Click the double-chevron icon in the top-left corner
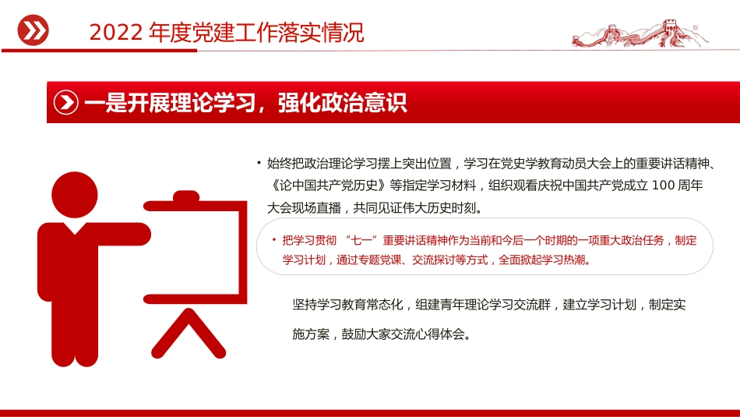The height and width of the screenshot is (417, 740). click(x=33, y=30)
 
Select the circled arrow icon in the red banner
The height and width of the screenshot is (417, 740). click(x=66, y=103)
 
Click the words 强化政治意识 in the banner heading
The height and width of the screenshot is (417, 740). click(x=343, y=103)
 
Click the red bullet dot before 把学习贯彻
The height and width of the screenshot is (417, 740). click(x=273, y=241)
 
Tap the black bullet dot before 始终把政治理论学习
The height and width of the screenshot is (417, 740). click(x=258, y=163)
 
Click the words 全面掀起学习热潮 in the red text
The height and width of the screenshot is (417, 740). click(x=544, y=260)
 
